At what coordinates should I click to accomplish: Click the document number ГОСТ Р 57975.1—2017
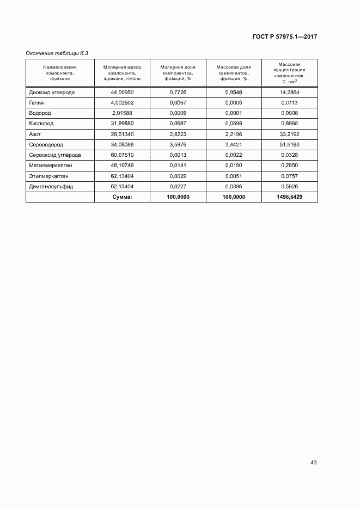pos(285,37)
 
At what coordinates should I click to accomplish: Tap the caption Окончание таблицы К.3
pos(57,53)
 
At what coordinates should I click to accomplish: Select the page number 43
pos(313,463)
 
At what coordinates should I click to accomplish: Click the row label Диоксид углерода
pos(52,93)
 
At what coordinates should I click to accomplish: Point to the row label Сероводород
pos(46,145)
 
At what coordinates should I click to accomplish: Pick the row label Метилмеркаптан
pos(50,165)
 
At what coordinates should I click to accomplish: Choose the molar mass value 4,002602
pos(122,103)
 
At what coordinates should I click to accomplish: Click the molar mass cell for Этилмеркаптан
pos(122,176)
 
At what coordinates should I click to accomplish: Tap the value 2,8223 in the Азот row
pos(178,134)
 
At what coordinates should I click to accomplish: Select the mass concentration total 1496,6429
pos(290,197)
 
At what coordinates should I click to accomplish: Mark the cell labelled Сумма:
pos(122,197)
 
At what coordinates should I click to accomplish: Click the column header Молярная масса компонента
pos(122,72)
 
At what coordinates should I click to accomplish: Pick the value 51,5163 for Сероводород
pos(290,145)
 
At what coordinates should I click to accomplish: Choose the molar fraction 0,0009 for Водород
pos(178,113)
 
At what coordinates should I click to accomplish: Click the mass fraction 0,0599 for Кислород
pos(233,124)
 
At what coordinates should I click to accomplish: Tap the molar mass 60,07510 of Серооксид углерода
pos(122,155)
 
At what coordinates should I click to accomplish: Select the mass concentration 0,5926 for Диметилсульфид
pos(290,186)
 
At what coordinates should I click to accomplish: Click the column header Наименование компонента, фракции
pos(60,72)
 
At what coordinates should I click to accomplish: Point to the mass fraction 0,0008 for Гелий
pos(233,103)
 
